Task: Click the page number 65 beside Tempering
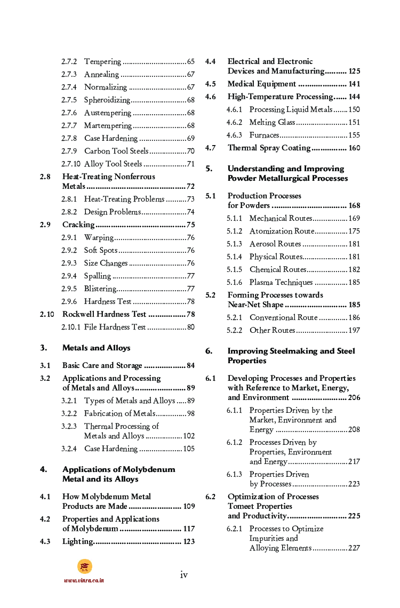[x=190, y=62]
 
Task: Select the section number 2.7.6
[x=69, y=113]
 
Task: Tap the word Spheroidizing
[x=107, y=100]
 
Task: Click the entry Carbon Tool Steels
[x=116, y=151]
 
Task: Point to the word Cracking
[x=78, y=225]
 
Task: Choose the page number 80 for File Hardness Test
[x=190, y=327]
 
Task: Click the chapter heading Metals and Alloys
[x=96, y=348]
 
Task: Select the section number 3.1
[x=45, y=365]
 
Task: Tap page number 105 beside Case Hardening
[x=189, y=449]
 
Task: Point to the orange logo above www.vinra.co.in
[x=84, y=566]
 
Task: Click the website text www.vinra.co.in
[x=84, y=580]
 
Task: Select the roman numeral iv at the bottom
[x=184, y=574]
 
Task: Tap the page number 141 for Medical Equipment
[x=354, y=84]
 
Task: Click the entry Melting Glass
[x=272, y=123]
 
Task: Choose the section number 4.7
[x=211, y=148]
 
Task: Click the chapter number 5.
[x=209, y=169]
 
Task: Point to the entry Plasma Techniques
[x=281, y=283]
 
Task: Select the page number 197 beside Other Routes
[x=354, y=331]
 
